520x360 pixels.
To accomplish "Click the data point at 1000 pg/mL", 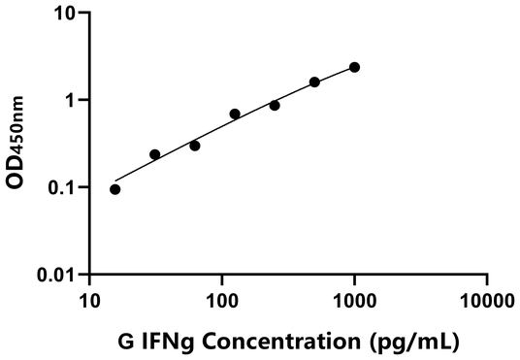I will click(x=355, y=67).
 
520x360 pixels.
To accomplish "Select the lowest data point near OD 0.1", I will click(x=115, y=189).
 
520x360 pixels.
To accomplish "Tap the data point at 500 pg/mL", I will click(x=314, y=82).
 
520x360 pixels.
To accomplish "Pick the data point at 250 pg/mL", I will click(x=275, y=105).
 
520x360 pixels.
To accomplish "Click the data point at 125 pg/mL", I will click(x=235, y=114).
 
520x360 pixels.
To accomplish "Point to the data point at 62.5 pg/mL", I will click(x=195, y=146).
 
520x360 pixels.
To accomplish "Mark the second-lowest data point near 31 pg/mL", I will click(x=155, y=154).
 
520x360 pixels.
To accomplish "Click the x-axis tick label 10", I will click(x=90, y=301).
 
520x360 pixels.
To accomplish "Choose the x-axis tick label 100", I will click(x=222, y=301).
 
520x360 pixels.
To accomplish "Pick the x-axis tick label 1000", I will click(x=355, y=301).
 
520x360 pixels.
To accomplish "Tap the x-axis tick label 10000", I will click(x=487, y=301).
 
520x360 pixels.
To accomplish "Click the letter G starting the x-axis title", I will click(x=125, y=341).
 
